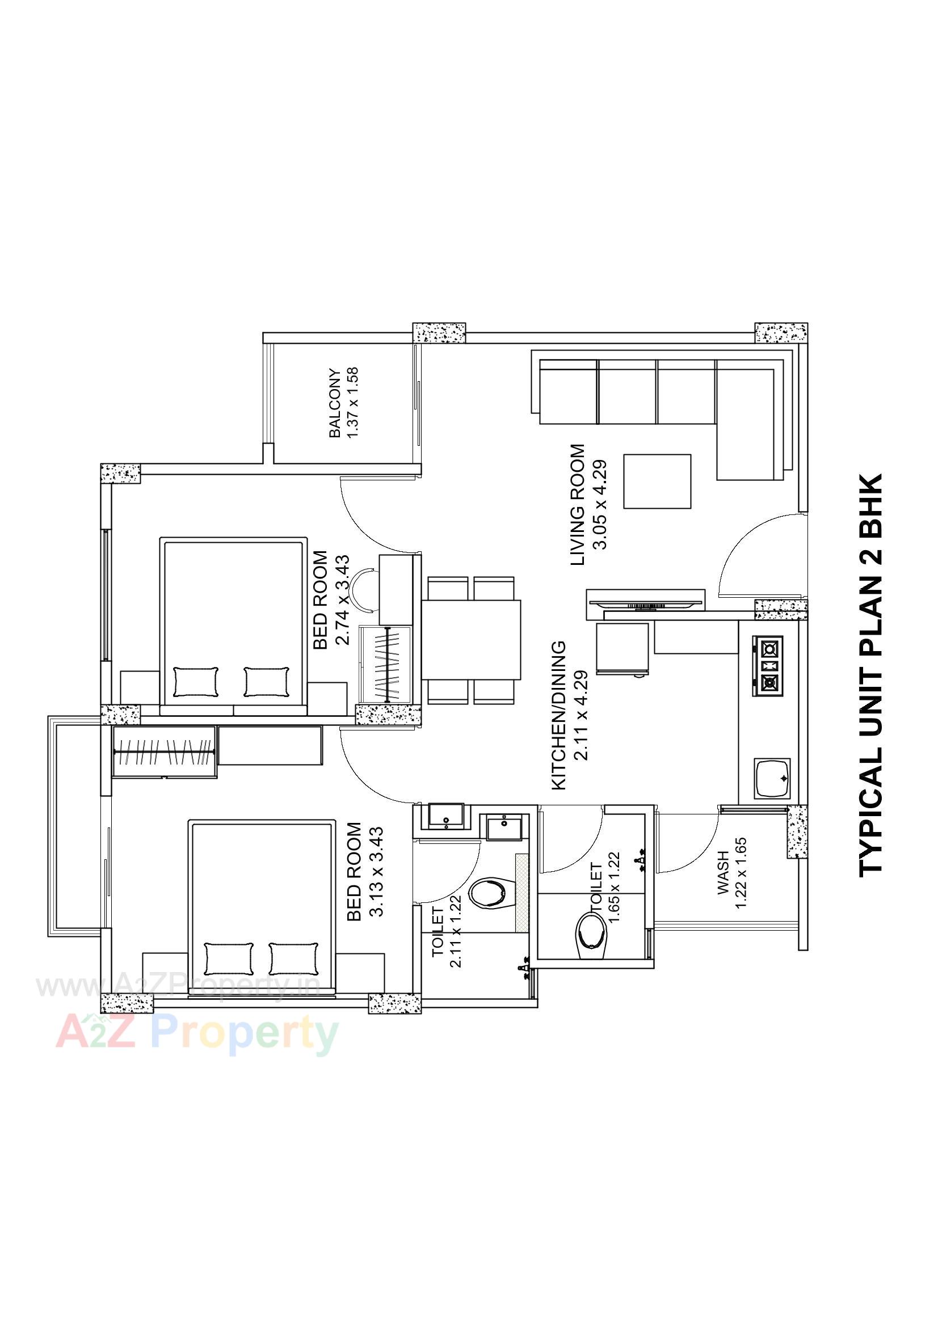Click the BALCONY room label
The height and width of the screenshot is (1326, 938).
pos(335,403)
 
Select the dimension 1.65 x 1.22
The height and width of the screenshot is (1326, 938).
pos(614,886)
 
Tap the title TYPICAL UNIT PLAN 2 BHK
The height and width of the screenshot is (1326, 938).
pos(870,675)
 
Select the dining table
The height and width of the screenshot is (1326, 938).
pos(471,640)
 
